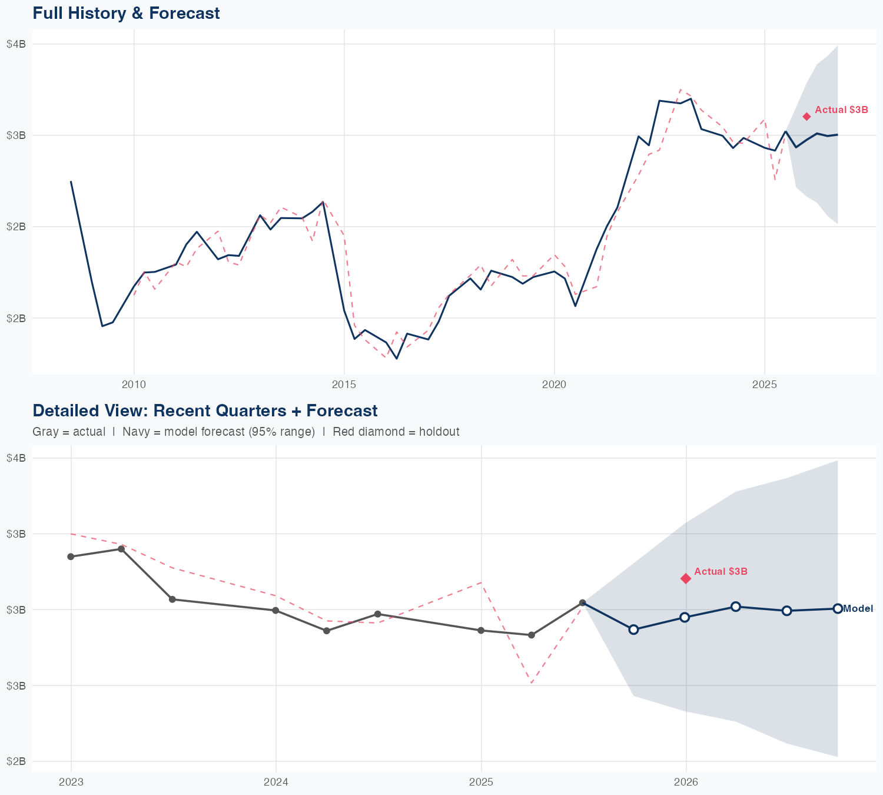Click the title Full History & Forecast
tap(126, 13)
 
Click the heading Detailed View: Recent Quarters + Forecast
tap(205, 410)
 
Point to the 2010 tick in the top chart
tap(134, 385)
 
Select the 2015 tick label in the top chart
tap(344, 385)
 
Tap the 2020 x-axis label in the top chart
tap(554, 385)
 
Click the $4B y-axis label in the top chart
tap(16, 44)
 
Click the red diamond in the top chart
tap(806, 117)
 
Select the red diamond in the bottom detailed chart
tap(686, 578)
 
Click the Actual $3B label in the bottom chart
tap(721, 572)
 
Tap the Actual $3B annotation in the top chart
tap(841, 110)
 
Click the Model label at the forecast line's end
tap(858, 609)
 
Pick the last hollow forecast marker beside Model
tap(837, 608)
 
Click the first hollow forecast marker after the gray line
tap(633, 630)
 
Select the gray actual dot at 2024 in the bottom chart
tap(275, 611)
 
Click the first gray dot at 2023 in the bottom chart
tap(71, 556)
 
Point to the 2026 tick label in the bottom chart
tap(686, 782)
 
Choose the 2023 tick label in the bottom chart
tap(71, 782)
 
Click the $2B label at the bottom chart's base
tap(16, 761)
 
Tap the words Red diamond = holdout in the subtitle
tap(396, 432)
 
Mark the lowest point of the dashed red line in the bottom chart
tap(531, 683)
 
